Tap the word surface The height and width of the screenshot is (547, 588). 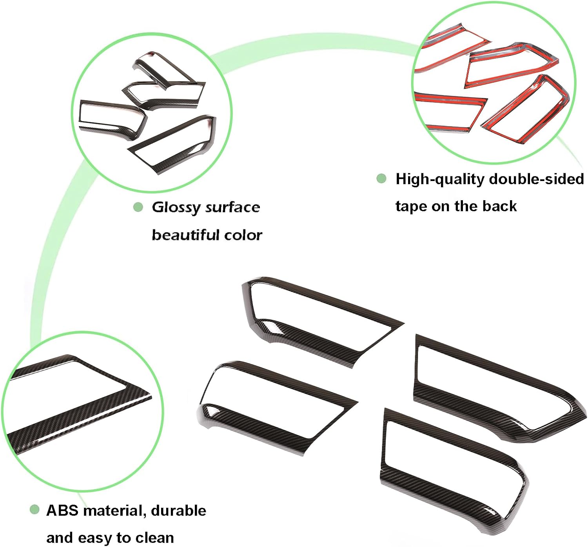pos(233,207)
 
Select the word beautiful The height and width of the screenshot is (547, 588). pos(186,235)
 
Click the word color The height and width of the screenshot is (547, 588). pos(243,235)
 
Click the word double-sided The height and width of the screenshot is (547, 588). pos(537,179)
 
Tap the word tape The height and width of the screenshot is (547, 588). pos(411,206)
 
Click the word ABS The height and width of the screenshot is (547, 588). pos(62,511)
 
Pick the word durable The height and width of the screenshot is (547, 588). pos(178,511)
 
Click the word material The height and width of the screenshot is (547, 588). pos(115,511)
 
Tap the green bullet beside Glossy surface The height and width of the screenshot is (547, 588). pos(138,207)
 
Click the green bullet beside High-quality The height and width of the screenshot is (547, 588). pos(381,179)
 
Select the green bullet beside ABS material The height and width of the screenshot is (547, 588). pos(34,510)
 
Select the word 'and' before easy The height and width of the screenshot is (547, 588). pos(60,538)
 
